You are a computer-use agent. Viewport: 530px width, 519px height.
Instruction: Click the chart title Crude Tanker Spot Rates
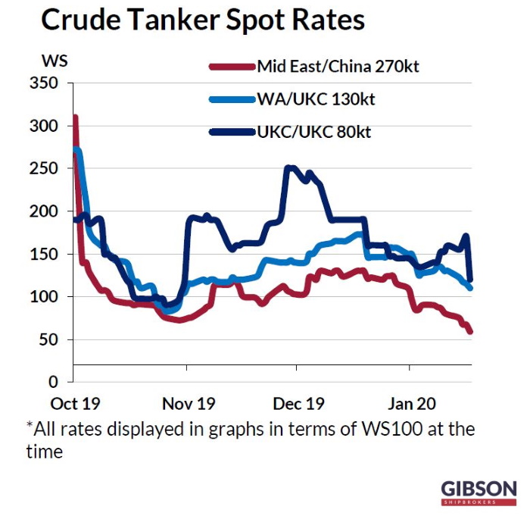[x=202, y=20]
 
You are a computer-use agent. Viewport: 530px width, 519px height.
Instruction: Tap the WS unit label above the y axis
[x=54, y=60]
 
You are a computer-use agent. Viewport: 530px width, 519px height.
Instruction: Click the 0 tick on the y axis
[x=55, y=383]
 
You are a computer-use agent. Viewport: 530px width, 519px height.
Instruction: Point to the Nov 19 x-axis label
[x=188, y=402]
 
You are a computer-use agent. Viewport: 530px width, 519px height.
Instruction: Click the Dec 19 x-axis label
[x=298, y=402]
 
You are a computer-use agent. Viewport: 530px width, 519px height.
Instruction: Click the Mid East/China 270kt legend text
[x=338, y=66]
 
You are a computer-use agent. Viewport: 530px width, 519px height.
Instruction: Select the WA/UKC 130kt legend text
[x=316, y=99]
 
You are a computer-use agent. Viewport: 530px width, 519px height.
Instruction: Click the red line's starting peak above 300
[x=75, y=119]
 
